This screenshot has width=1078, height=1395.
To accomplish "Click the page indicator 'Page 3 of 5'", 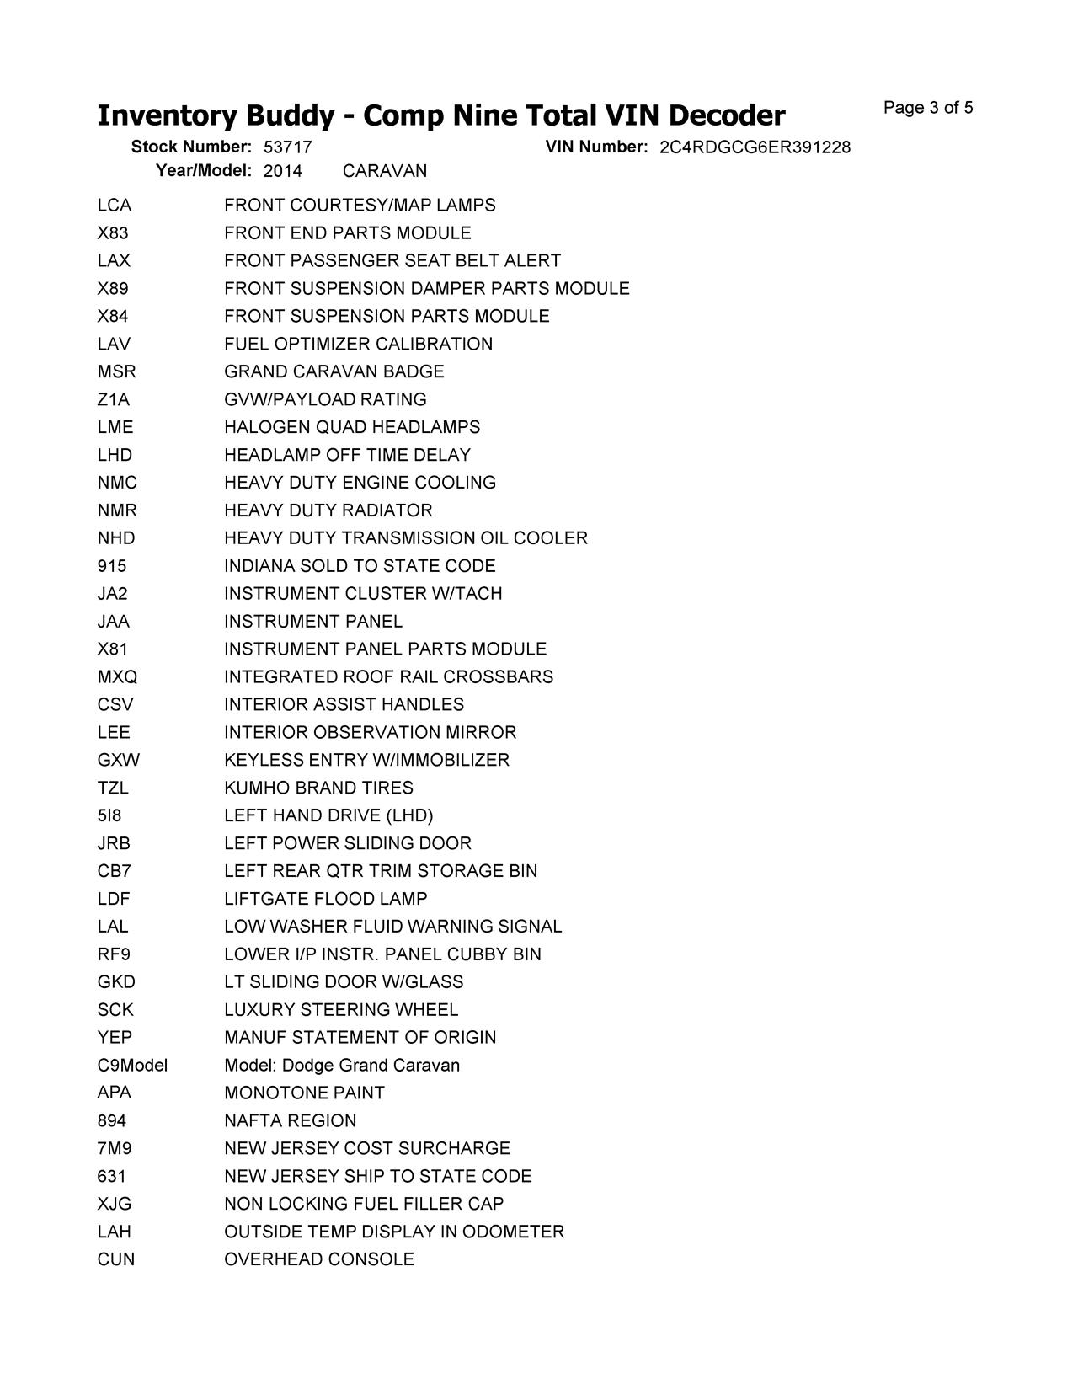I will [928, 108].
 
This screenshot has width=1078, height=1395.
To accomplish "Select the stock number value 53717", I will [287, 147].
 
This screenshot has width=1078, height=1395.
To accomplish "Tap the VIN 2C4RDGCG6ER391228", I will [755, 147].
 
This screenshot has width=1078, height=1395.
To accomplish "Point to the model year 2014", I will [282, 171].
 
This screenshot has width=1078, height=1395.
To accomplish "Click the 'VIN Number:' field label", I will [596, 147].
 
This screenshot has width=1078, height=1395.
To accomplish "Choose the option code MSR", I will [116, 371].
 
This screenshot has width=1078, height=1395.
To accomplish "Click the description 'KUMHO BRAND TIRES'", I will [318, 788].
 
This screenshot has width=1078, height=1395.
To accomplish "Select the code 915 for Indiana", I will [112, 566].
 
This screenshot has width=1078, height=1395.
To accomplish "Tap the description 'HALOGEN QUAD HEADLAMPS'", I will [352, 427].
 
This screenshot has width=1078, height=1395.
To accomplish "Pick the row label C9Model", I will [132, 1066].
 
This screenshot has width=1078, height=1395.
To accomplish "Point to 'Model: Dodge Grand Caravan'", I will [342, 1066].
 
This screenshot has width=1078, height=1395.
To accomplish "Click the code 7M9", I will [115, 1148].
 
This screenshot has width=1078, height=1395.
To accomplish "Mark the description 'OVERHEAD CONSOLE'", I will [319, 1259].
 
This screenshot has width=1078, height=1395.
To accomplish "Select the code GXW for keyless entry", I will [119, 760].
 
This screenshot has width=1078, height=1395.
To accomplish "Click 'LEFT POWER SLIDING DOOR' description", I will [348, 843].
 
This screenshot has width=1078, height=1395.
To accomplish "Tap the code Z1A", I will [114, 399].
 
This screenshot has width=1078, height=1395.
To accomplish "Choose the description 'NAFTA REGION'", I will [291, 1121].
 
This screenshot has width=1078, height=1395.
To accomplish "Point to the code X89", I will [113, 289].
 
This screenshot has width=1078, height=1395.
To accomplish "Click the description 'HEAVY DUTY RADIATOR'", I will [328, 510].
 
